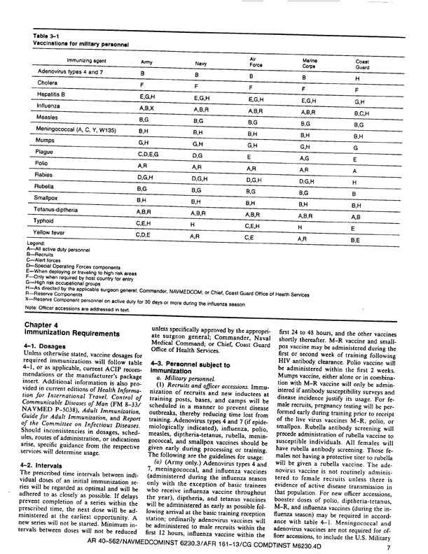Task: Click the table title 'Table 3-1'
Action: click(x=46, y=35)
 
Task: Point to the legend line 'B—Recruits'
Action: click(x=43, y=255)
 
